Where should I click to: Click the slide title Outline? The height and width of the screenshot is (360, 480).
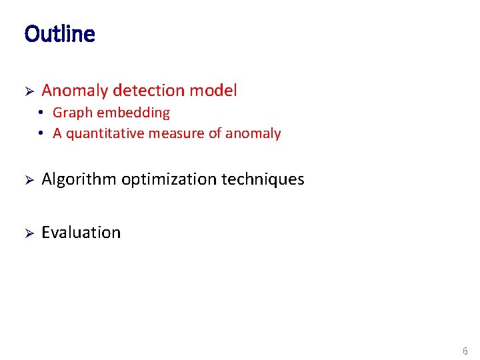click(x=59, y=34)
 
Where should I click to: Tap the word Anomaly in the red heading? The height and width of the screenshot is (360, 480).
click(x=75, y=91)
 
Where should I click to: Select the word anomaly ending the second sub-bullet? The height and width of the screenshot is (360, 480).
click(x=253, y=134)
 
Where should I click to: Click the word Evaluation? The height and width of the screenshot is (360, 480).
click(x=81, y=233)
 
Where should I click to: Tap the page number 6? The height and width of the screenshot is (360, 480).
click(x=465, y=351)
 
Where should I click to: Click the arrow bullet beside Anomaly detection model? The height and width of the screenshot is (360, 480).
click(x=29, y=91)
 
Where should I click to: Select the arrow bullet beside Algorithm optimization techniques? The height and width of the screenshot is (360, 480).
click(x=29, y=179)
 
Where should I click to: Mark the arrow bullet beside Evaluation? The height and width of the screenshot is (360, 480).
click(x=29, y=233)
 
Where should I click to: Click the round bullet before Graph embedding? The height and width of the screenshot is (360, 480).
click(x=41, y=113)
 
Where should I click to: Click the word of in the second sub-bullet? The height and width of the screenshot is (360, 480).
click(x=215, y=134)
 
